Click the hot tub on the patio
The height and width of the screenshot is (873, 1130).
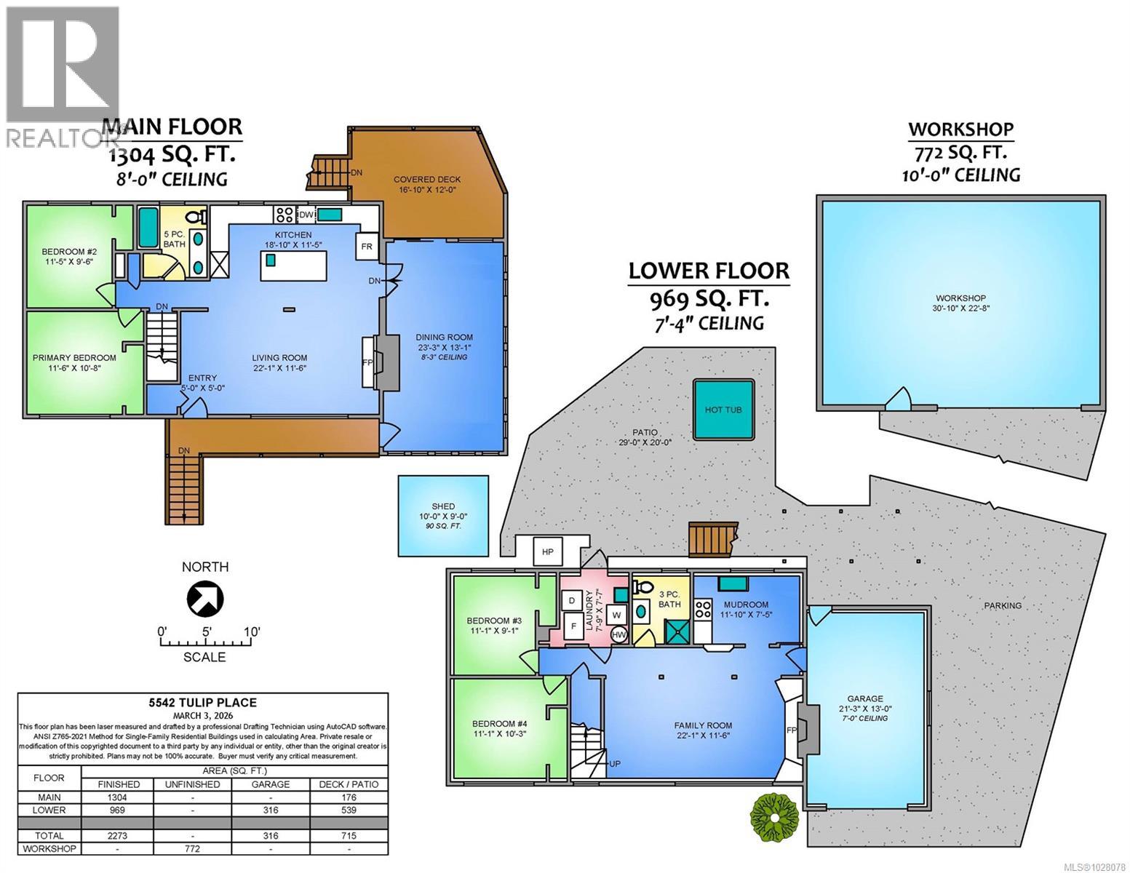(x=723, y=410)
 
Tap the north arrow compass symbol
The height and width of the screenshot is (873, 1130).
(x=205, y=598)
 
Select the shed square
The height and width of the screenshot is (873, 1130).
(x=443, y=516)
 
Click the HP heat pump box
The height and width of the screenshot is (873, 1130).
(x=548, y=552)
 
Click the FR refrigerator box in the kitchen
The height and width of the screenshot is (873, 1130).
(x=367, y=247)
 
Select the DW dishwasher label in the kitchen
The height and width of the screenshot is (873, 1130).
(x=306, y=215)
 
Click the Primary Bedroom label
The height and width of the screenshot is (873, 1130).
(x=74, y=357)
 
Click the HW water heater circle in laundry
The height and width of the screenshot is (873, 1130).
(x=619, y=634)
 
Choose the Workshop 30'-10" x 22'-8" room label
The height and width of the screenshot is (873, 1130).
(x=960, y=303)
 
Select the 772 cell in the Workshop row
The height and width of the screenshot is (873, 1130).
(x=192, y=849)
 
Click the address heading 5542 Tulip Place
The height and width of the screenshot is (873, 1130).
(x=202, y=703)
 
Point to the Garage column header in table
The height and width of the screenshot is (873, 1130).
(x=270, y=784)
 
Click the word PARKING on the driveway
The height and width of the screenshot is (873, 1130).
(x=1003, y=605)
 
